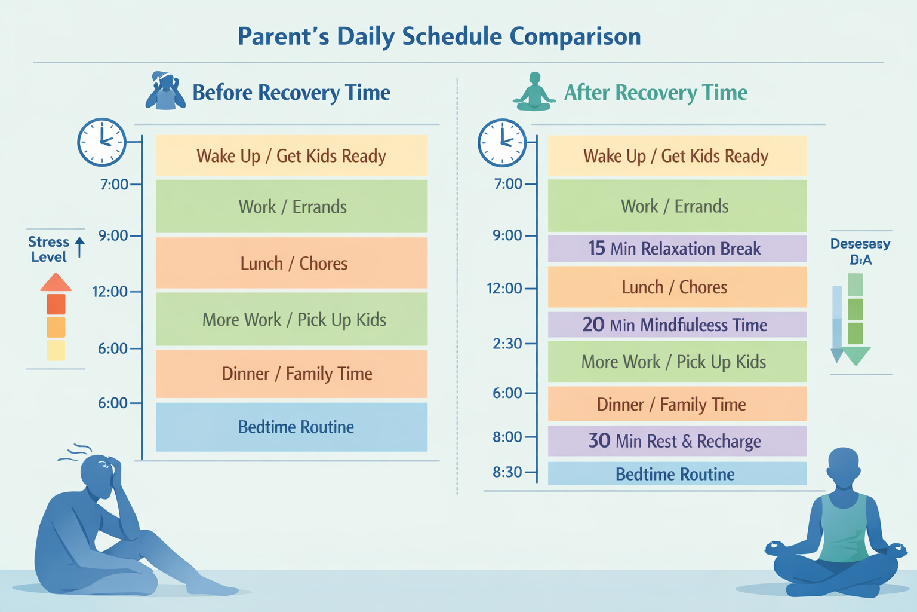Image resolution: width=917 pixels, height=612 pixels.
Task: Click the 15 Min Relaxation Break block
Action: click(x=677, y=249)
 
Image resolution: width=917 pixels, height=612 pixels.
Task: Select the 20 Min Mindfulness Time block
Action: click(x=677, y=325)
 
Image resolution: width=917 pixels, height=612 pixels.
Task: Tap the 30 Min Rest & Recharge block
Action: click(x=677, y=441)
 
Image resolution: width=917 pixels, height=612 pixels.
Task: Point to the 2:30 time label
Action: click(x=507, y=344)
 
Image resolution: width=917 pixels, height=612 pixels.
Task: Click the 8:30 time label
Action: click(x=507, y=472)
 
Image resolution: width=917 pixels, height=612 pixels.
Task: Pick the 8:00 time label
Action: click(x=507, y=437)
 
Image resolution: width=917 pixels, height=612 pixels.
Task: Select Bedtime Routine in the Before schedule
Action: click(x=291, y=427)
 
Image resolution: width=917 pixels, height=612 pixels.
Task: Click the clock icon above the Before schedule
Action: click(x=102, y=142)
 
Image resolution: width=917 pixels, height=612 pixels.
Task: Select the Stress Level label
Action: click(x=49, y=249)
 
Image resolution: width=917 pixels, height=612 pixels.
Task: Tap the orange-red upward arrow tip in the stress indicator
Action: click(x=56, y=281)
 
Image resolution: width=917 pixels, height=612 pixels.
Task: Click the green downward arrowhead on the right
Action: click(x=856, y=356)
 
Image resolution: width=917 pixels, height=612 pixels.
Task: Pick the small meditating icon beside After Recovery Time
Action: click(x=534, y=93)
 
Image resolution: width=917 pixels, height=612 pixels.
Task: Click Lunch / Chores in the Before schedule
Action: click(x=291, y=263)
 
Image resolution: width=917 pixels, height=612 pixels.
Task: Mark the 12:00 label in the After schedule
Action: click(x=504, y=289)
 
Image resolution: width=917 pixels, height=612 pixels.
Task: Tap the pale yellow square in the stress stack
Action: click(x=56, y=350)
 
